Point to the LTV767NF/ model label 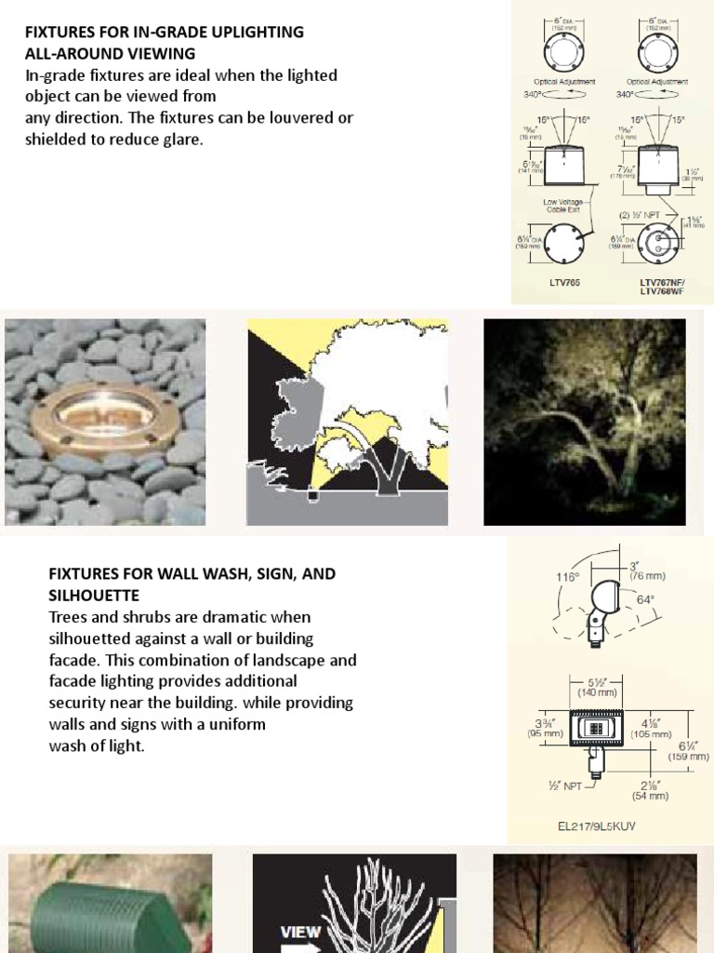pyautogui.click(x=660, y=282)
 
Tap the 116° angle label pyautogui.click(x=567, y=577)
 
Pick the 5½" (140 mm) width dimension pyautogui.click(x=595, y=688)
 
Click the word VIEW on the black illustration pyautogui.click(x=301, y=932)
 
